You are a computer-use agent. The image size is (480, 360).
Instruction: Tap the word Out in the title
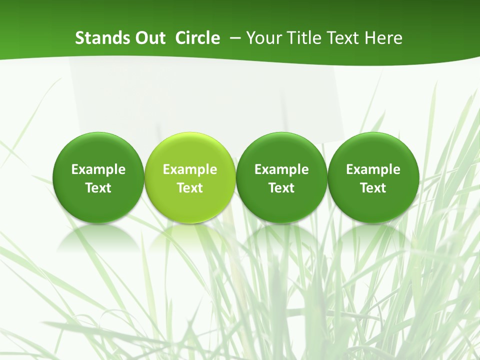pyautogui.click(x=148, y=38)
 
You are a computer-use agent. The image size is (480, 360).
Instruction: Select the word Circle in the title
pyautogui.click(x=197, y=38)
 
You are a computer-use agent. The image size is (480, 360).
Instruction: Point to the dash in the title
pyautogui.click(x=233, y=38)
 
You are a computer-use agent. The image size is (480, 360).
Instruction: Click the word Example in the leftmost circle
pyautogui.click(x=98, y=169)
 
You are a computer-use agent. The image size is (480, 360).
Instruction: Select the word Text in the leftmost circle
pyautogui.click(x=98, y=188)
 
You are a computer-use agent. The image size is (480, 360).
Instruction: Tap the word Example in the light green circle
pyautogui.click(x=190, y=169)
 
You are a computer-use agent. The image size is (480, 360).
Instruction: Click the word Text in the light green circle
pyautogui.click(x=190, y=188)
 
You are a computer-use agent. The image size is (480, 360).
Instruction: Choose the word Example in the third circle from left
pyautogui.click(x=281, y=169)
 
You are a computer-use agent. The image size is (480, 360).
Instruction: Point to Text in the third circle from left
pyautogui.click(x=281, y=188)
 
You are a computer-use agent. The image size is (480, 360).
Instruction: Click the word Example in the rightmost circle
pyautogui.click(x=373, y=169)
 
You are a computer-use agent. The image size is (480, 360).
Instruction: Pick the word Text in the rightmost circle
pyautogui.click(x=373, y=188)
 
